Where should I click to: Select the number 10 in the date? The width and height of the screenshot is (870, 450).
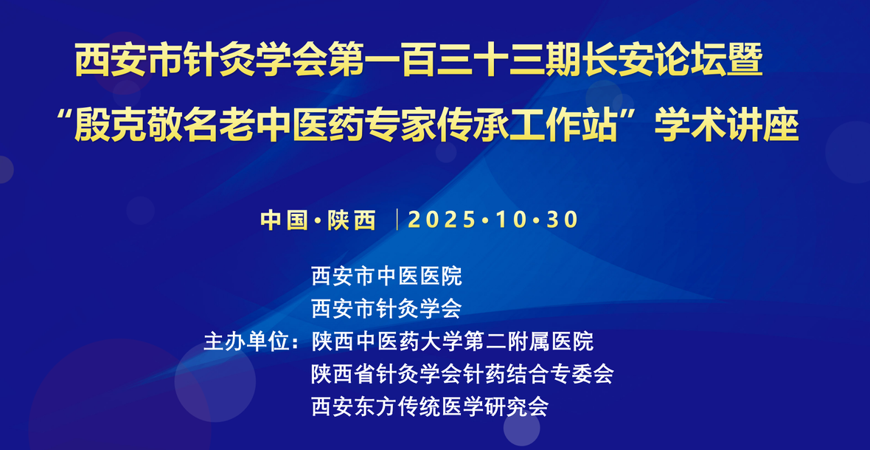(511, 221)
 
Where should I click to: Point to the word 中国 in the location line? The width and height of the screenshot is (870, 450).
(284, 221)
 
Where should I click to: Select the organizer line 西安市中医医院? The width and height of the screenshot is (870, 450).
(387, 276)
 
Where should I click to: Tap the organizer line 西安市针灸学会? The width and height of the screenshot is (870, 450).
(387, 309)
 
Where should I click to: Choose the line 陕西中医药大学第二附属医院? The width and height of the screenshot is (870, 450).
(453, 342)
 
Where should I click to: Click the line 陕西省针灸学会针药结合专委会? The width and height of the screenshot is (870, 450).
(463, 374)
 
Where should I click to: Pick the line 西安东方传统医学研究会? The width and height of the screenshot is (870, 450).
(430, 406)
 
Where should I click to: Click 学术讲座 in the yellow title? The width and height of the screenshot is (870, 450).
(727, 125)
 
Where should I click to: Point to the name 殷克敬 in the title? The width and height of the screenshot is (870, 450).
(129, 125)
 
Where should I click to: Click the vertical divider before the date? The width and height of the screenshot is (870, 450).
(398, 220)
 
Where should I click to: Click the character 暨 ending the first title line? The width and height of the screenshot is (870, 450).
(747, 61)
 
